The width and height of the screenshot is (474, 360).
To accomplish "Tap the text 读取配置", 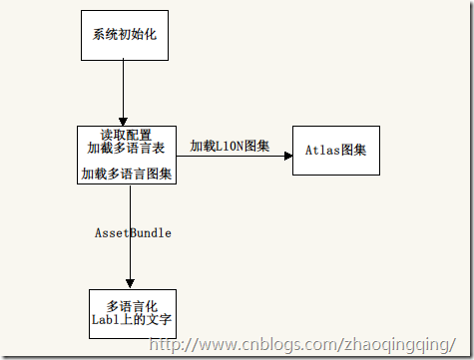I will click(x=127, y=134).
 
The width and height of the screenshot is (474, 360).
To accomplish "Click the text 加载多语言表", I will click(x=127, y=148).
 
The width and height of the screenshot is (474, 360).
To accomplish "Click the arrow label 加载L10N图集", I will click(x=230, y=146).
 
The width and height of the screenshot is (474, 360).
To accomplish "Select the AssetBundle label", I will click(x=133, y=232).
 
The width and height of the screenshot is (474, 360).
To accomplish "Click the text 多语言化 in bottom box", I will click(x=132, y=304).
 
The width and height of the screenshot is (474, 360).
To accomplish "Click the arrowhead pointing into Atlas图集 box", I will click(x=286, y=155).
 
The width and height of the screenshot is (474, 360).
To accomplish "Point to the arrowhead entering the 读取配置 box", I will click(x=123, y=121).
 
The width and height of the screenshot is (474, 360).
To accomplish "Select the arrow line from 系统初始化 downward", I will click(x=123, y=90).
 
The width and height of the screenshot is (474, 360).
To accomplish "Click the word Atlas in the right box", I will click(x=318, y=152).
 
